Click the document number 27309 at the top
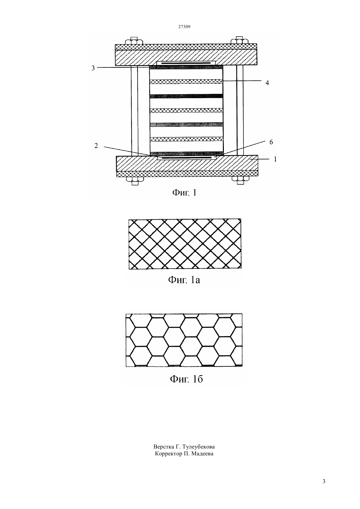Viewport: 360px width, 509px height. click(184, 26)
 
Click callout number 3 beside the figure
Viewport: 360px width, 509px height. click(93, 68)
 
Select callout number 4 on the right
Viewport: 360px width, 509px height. click(267, 83)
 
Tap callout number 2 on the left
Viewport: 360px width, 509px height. click(96, 146)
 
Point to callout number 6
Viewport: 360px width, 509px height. click(271, 142)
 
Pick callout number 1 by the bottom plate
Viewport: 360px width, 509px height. click(275, 159)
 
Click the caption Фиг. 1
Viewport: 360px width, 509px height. click(184, 192)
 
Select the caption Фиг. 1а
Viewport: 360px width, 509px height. click(184, 280)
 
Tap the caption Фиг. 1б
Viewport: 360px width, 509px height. click(186, 379)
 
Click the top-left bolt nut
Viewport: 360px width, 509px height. click(134, 41)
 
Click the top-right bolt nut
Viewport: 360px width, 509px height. click(240, 40)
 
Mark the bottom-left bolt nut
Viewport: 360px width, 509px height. click(135, 180)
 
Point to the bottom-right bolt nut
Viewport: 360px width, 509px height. click(240, 180)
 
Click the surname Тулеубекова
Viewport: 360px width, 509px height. click(198, 447)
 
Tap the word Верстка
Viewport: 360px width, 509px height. click(163, 447)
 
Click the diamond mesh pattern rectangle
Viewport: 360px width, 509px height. click(185, 244)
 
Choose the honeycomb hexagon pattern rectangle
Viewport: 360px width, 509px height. click(184, 340)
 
